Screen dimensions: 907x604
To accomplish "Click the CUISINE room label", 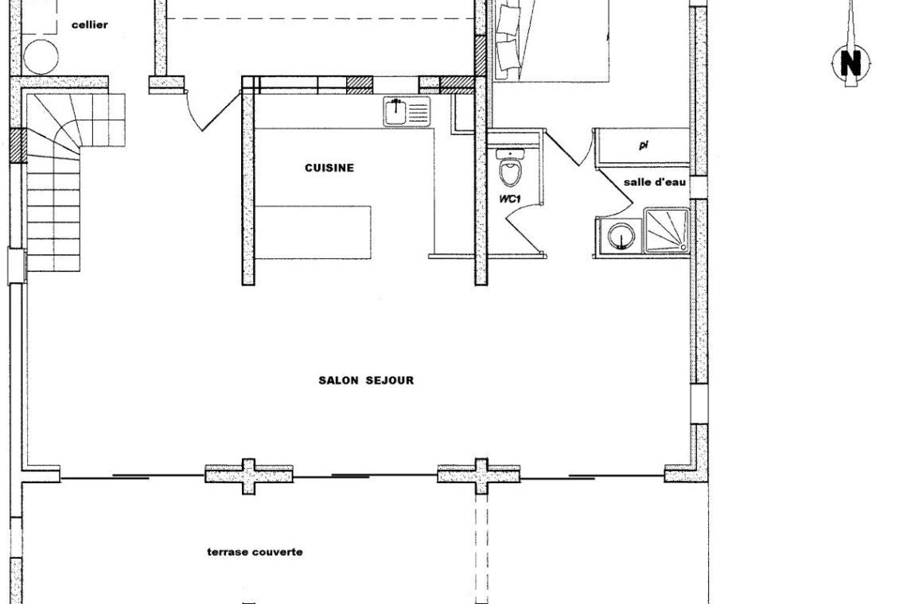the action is [x=329, y=168].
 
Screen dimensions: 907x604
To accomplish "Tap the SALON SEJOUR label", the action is [x=366, y=381].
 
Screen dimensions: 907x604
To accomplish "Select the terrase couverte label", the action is [x=255, y=552].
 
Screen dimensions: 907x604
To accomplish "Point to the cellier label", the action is [x=90, y=25].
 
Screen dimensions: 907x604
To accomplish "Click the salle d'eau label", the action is [x=655, y=182].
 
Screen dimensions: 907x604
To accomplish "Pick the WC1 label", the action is [x=511, y=199].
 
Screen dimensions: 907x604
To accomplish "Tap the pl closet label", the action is [x=643, y=145].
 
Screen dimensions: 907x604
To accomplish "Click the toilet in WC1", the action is [x=511, y=168].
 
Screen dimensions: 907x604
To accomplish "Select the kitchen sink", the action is [x=407, y=111].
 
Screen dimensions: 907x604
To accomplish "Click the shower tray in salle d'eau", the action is [x=667, y=230].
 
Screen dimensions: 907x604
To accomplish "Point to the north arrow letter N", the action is [x=851, y=63].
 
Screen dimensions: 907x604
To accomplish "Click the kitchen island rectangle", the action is [x=313, y=232].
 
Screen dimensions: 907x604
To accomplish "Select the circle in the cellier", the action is [x=41, y=56].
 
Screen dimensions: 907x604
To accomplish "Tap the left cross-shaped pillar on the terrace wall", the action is [x=249, y=476].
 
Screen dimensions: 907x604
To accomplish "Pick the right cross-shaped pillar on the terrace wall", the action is [x=480, y=476].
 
